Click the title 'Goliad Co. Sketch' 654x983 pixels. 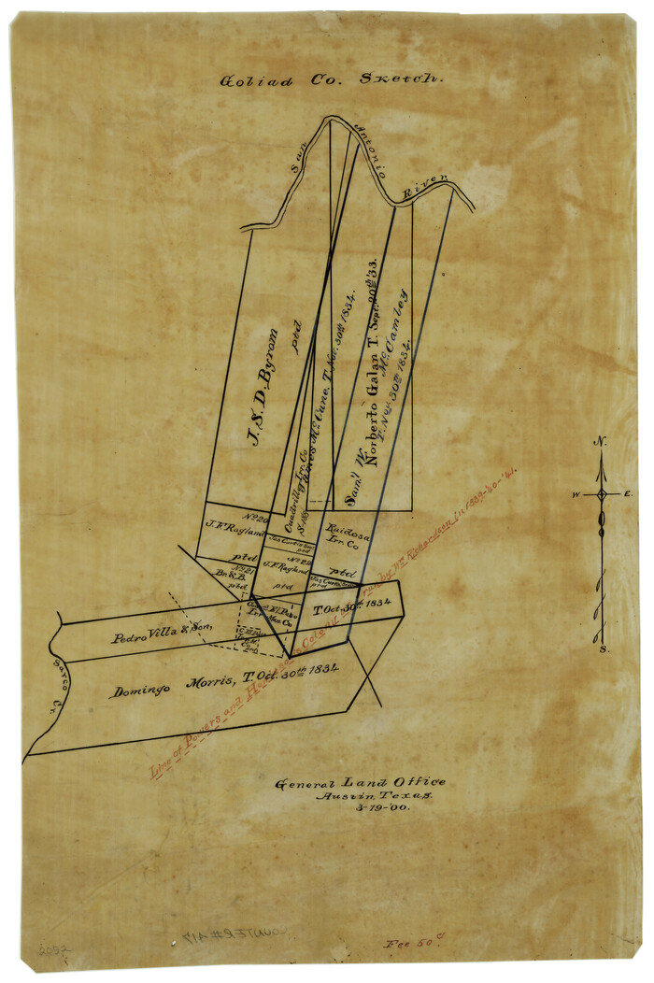click(x=331, y=80)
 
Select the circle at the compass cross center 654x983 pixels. click(x=603, y=493)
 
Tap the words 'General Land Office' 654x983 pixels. click(x=360, y=783)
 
